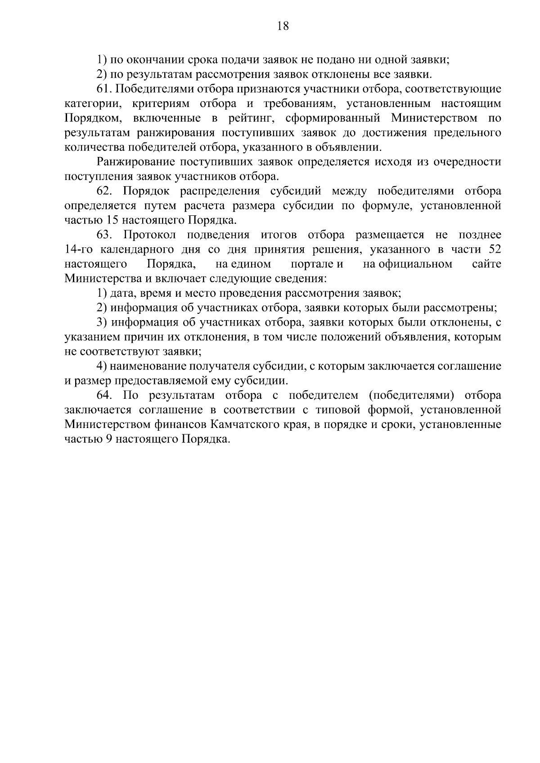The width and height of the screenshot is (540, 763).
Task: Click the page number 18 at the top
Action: (x=283, y=27)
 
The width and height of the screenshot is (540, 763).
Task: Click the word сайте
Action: (x=486, y=264)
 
